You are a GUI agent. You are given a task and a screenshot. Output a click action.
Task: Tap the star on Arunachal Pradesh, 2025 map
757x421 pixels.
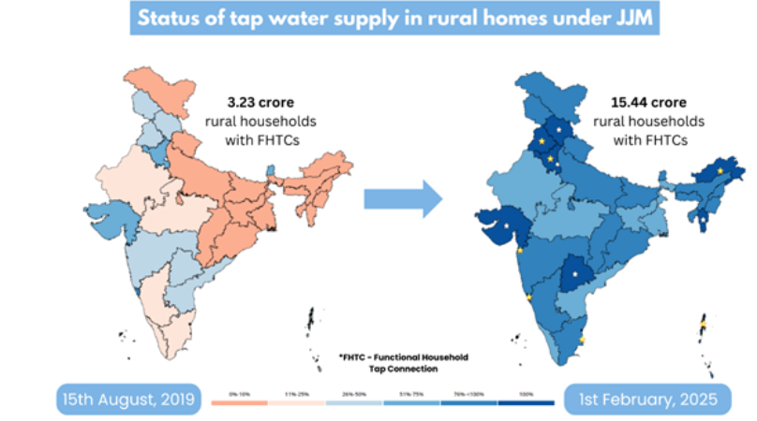point(718,172)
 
